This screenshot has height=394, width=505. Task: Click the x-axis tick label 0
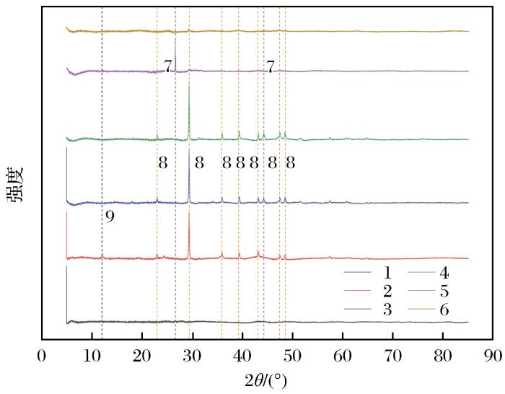(42, 355)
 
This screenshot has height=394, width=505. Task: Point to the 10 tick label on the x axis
(92, 355)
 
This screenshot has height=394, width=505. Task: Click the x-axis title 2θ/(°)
(267, 380)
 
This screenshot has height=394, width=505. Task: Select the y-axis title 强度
(17, 185)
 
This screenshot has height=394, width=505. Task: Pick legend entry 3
(386, 310)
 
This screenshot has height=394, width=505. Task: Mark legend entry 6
(444, 310)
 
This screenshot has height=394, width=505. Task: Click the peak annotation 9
(110, 216)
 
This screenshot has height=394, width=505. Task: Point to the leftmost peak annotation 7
(167, 67)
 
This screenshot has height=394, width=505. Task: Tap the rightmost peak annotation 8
(290, 164)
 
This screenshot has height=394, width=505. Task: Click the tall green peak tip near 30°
(189, 82)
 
